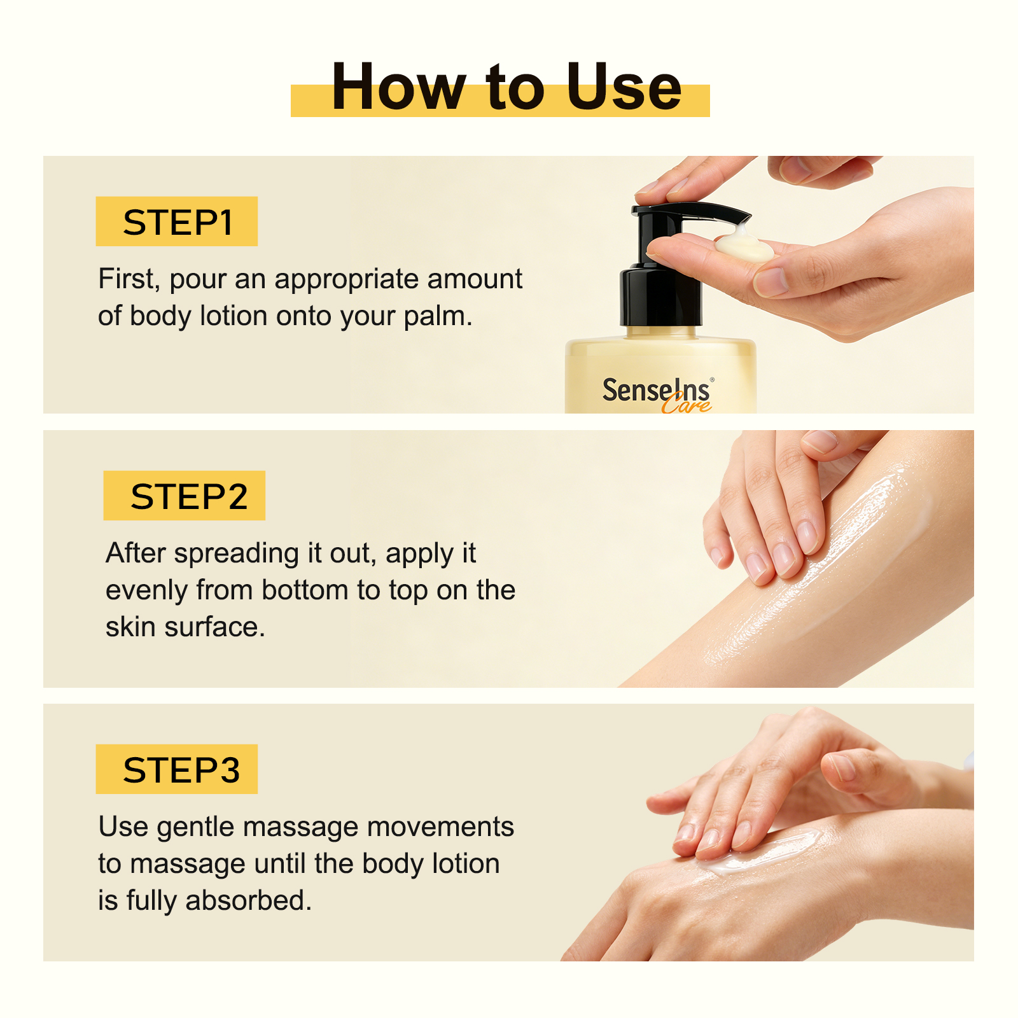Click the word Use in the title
coord(624,87)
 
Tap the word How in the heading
coord(399,87)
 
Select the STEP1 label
coord(177,222)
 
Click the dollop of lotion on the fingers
coord(743,245)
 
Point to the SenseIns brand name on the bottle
coord(656,390)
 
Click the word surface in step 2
coord(215,627)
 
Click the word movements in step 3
coord(440,827)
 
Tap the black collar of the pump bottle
coord(661,296)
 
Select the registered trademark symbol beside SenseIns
coord(712,380)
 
